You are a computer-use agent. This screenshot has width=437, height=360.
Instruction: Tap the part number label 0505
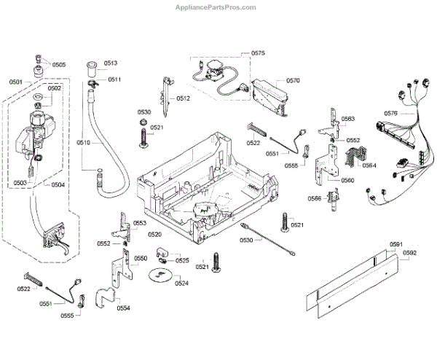pyautogui.click(x=58, y=64)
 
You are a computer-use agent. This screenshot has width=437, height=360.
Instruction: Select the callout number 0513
pyautogui.click(x=111, y=63)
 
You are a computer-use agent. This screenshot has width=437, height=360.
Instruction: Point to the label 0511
pyautogui.click(x=114, y=79)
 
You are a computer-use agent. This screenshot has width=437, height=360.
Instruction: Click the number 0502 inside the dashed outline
pyautogui.click(x=55, y=88)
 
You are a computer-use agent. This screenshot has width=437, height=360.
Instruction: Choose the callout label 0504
pyautogui.click(x=58, y=184)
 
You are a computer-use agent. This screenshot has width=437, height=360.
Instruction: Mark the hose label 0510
pyautogui.click(x=82, y=143)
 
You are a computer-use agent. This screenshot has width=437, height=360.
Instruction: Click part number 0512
pyautogui.click(x=184, y=98)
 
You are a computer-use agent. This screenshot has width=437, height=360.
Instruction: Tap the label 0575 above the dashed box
pyautogui.click(x=259, y=53)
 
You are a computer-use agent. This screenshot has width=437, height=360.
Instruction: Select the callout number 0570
pyautogui.click(x=293, y=80)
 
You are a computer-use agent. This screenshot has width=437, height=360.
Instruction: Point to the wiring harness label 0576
pyautogui.click(x=390, y=113)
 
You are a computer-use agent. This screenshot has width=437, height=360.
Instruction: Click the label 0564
pyautogui.click(x=369, y=165)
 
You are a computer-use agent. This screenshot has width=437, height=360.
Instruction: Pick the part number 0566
pyautogui.click(x=314, y=198)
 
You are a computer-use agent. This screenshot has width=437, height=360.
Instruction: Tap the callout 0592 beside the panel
pyautogui.click(x=409, y=253)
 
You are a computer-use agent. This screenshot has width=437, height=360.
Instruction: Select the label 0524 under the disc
pyautogui.click(x=181, y=283)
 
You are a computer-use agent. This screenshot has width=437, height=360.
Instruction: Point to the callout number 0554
pyautogui.click(x=123, y=308)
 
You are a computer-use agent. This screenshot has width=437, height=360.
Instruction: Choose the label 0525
pyautogui.click(x=182, y=260)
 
